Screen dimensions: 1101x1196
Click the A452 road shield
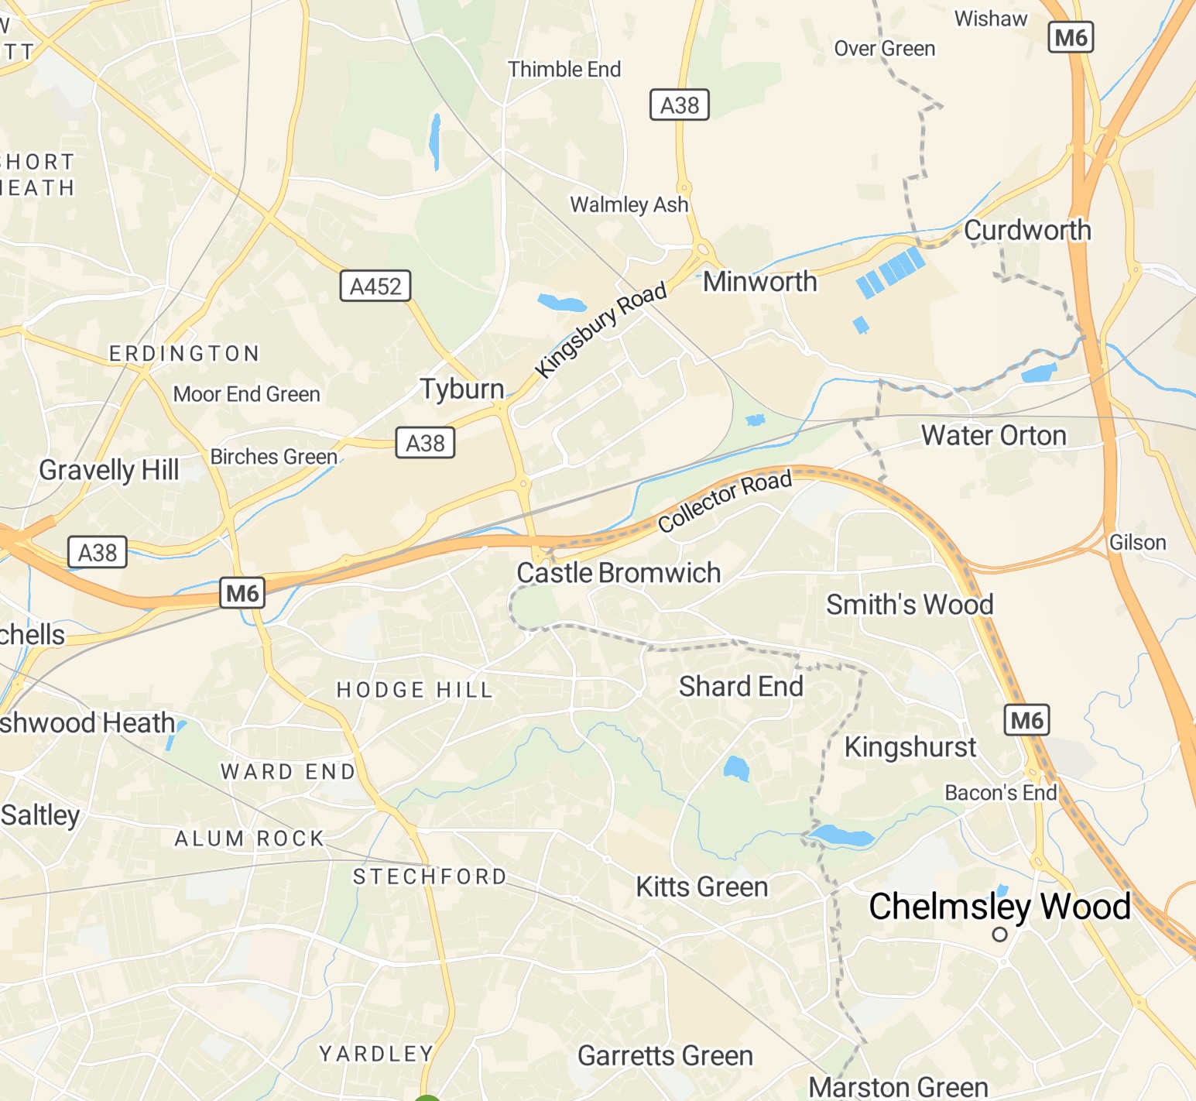pyautogui.click(x=375, y=286)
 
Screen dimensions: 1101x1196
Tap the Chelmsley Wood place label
pyautogui.click(x=999, y=906)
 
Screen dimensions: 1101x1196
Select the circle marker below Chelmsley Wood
pyautogui.click(x=1000, y=935)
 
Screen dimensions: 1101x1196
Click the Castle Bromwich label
pyautogui.click(x=619, y=573)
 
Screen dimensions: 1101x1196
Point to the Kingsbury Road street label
pyautogui.click(x=601, y=329)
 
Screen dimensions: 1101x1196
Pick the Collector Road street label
pyautogui.click(x=725, y=501)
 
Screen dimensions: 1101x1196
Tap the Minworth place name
pyautogui.click(x=759, y=282)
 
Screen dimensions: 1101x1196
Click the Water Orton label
pyautogui.click(x=994, y=435)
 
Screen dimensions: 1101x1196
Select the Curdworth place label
pyautogui.click(x=1027, y=230)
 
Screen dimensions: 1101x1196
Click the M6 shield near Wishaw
pyautogui.click(x=1071, y=37)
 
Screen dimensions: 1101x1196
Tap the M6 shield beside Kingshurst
pyautogui.click(x=1026, y=721)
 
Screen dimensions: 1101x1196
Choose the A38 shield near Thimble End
pyautogui.click(x=679, y=105)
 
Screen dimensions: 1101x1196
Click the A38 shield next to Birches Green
pyautogui.click(x=425, y=443)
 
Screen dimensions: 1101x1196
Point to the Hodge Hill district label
pyautogui.click(x=415, y=690)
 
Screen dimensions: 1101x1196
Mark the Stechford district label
pyautogui.click(x=430, y=876)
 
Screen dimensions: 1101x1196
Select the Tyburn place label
pyautogui.click(x=462, y=389)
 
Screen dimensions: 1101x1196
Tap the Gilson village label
pyautogui.click(x=1137, y=543)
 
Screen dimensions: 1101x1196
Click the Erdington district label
pyautogui.click(x=184, y=354)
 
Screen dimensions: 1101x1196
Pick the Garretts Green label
pyautogui.click(x=665, y=1055)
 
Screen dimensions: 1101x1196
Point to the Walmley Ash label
pyautogui.click(x=629, y=204)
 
